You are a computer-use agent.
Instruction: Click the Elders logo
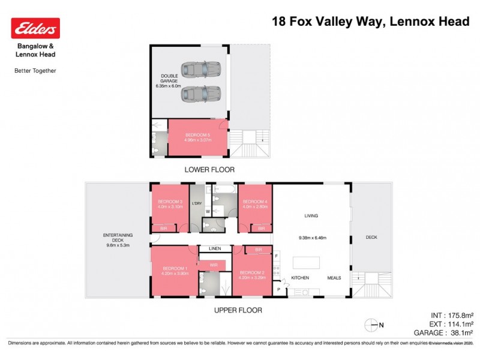point(35,28)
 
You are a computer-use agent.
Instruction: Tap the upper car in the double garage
point(200,70)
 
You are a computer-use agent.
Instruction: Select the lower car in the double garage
point(200,94)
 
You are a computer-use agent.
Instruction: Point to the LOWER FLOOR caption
point(209,170)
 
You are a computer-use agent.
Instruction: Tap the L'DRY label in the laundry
point(197,204)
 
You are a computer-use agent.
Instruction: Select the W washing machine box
point(208,211)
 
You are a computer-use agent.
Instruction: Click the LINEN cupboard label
point(215,248)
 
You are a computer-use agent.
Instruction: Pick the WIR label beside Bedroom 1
point(213,264)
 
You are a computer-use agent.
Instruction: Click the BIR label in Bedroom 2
point(258,250)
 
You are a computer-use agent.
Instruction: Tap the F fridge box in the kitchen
point(276,256)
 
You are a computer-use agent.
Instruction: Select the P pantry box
point(278,290)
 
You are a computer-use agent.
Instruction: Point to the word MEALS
point(334,278)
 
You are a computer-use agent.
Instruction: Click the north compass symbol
point(373,325)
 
